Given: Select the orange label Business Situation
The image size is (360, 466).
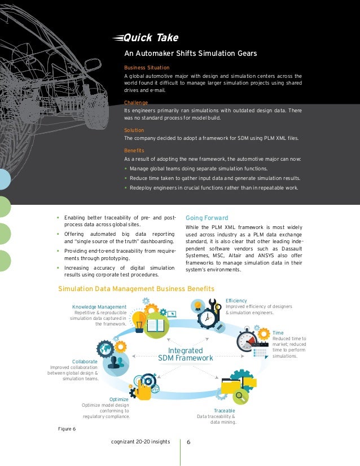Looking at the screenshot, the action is (147, 67).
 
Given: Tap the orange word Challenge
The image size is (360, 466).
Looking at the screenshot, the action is (136, 103).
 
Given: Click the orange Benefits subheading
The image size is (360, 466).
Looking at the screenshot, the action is (134, 151).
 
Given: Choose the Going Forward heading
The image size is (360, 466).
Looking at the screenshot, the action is (207, 218).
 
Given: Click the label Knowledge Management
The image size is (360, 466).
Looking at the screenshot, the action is (99, 307).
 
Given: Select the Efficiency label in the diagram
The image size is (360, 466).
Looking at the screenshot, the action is (236, 301).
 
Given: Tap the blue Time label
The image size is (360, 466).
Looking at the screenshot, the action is (278, 333).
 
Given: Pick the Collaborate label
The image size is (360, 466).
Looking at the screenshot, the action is (85, 361).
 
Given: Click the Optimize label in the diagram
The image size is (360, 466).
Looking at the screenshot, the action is (119, 399).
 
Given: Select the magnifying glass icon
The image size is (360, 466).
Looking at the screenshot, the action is (242, 397).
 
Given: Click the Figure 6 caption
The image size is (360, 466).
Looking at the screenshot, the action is (67, 429).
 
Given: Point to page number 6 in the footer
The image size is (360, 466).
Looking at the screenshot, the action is (188, 442).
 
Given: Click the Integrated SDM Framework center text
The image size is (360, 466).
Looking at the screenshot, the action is (186, 354).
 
